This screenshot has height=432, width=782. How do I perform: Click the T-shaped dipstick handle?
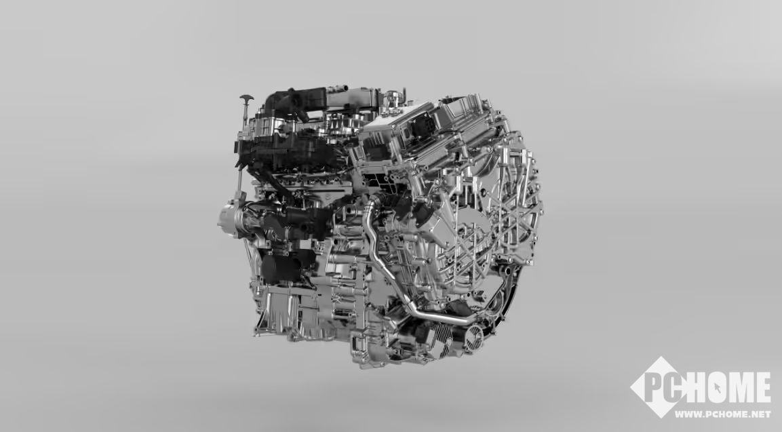click(246, 98)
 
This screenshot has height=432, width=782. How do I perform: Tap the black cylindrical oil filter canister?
click(280, 267)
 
